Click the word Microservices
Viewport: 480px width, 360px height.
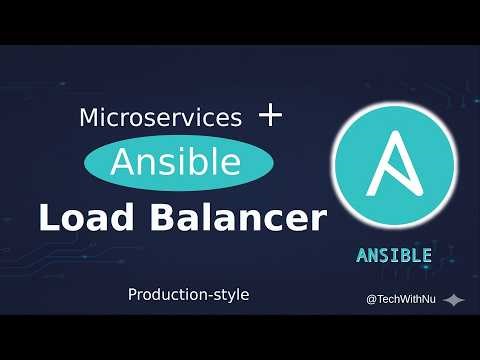coord(160,117)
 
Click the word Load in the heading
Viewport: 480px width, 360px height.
coord(82,218)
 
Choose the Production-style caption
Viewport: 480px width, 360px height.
coord(188,295)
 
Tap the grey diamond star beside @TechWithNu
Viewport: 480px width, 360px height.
coord(454,300)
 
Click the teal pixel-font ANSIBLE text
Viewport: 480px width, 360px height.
coord(394,255)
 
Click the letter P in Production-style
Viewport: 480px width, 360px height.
coord(132,295)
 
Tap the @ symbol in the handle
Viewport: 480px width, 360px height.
coord(371,299)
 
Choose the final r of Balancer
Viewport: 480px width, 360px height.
coord(319,221)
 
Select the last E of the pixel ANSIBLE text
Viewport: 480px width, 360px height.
coord(426,255)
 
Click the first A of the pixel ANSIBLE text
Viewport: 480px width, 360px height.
coord(362,255)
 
